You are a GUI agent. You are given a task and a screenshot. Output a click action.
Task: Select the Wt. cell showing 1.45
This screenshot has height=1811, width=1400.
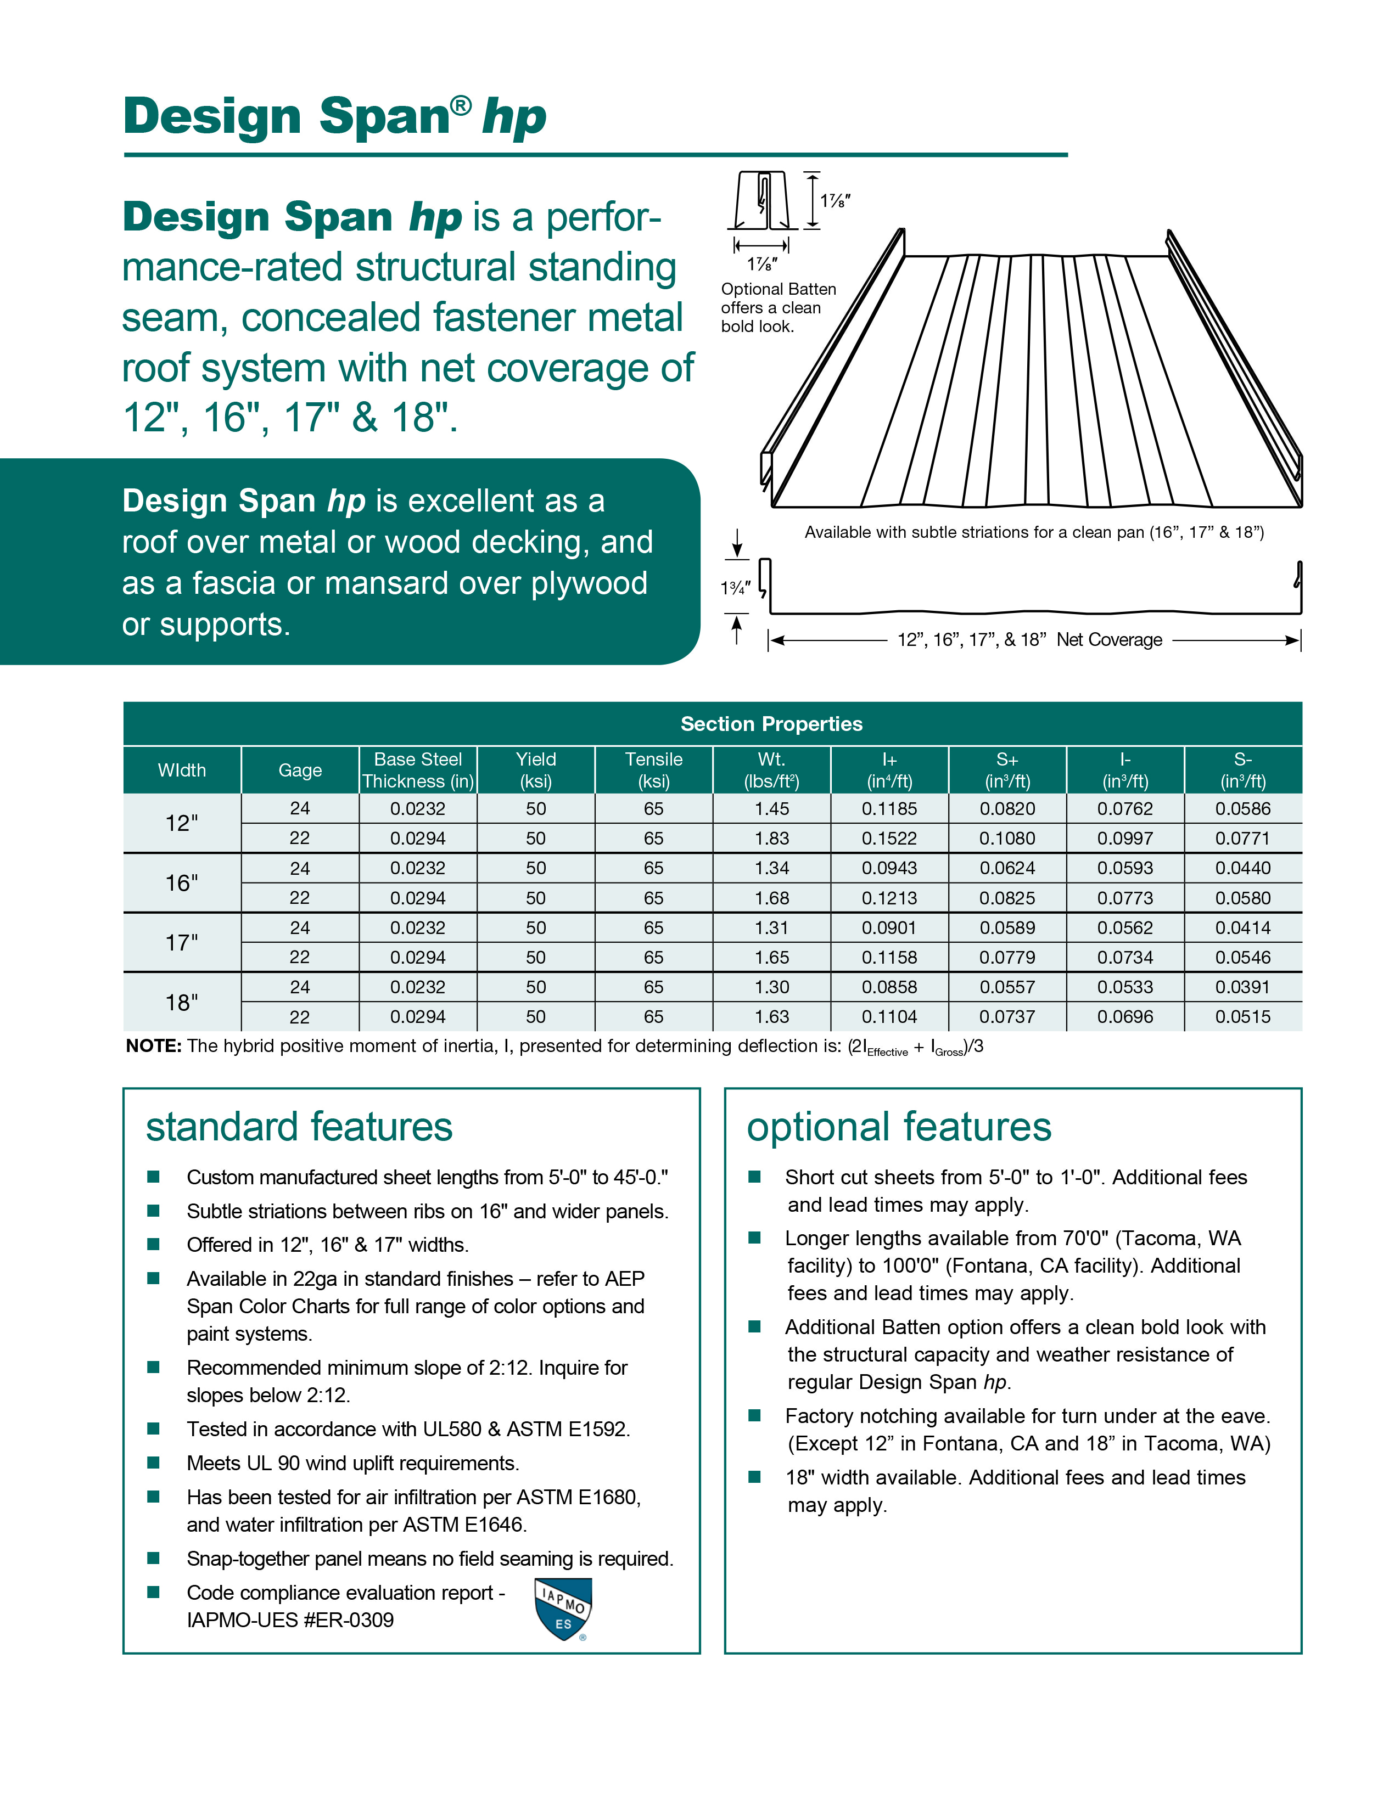point(771,808)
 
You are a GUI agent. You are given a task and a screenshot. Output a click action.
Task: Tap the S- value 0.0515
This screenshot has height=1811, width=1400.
point(1242,1016)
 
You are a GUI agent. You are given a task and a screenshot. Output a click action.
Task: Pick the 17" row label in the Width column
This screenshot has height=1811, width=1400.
point(182,943)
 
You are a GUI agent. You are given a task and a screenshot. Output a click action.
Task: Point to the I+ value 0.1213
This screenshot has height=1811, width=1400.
point(889,898)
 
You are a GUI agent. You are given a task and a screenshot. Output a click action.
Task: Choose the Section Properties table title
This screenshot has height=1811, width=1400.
point(771,724)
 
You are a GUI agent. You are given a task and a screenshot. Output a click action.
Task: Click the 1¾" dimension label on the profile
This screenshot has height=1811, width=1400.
point(734,588)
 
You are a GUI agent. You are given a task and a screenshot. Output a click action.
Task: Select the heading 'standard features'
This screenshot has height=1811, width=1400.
point(299,1127)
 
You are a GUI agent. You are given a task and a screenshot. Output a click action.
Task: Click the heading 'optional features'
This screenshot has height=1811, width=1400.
point(899,1127)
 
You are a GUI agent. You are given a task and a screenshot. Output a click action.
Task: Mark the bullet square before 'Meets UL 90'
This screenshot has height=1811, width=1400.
point(153,1463)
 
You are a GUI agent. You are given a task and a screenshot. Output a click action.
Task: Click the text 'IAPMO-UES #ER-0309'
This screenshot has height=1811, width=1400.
point(290,1620)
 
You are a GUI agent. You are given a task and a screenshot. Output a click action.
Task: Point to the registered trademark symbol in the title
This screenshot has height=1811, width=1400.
point(461,104)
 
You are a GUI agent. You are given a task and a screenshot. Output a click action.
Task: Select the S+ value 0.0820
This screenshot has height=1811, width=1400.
point(1007,808)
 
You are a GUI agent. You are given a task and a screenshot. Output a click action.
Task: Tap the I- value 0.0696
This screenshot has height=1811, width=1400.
point(1124,1016)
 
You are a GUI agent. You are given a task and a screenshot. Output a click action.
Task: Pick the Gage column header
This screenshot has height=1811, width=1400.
point(299,770)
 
